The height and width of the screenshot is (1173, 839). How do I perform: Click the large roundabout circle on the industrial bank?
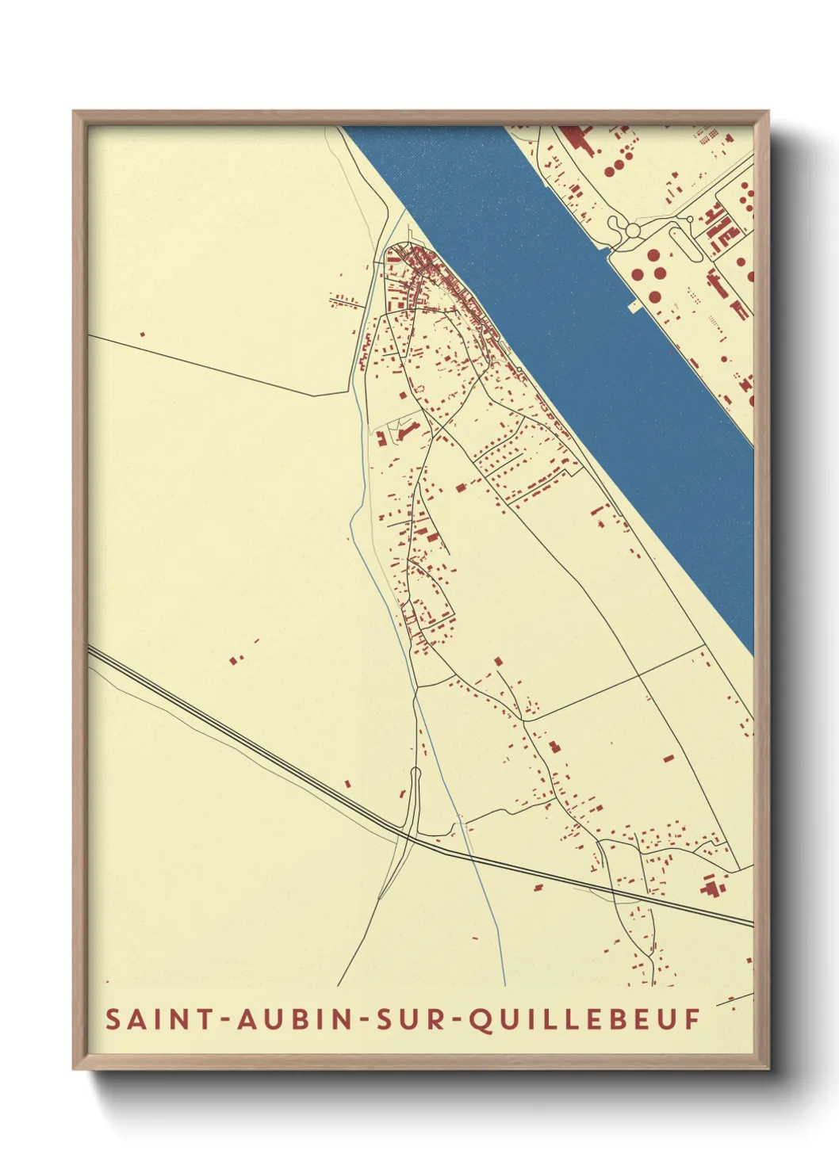pos(633,230)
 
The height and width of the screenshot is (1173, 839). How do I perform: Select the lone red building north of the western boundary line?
pos(143,334)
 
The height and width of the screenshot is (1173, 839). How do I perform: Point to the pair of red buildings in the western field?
pos(236,657)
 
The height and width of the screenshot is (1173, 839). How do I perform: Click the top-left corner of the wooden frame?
pos(74,112)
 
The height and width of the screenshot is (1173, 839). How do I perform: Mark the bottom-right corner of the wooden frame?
pos(768,1068)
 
